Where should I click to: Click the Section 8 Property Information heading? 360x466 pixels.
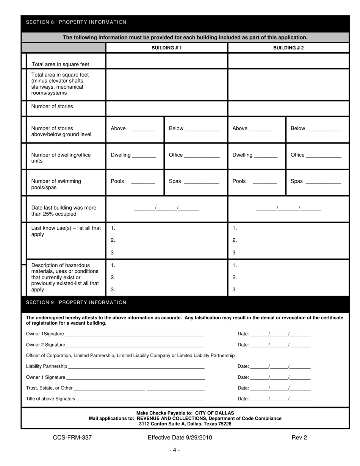coord(76,22)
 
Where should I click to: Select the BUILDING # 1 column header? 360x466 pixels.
coord(166,48)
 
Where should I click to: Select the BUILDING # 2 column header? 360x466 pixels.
coord(288,48)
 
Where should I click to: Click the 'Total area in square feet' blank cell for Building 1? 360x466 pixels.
coord(166,61)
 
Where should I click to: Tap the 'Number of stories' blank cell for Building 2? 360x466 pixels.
coord(288,108)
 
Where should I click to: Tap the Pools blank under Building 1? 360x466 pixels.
coord(143,182)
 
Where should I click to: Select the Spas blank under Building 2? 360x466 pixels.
coord(323,182)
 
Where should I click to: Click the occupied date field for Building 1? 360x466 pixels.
coord(166,208)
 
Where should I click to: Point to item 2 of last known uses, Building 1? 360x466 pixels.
coord(167,240)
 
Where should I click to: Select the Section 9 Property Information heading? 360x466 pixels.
coord(76,302)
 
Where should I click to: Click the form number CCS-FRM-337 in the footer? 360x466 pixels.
coord(72,438)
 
